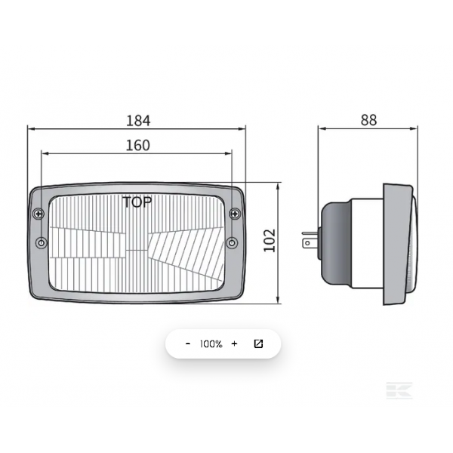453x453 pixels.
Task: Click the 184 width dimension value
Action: (138, 121)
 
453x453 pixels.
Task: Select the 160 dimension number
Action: (138, 145)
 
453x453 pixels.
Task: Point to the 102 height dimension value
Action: (270, 241)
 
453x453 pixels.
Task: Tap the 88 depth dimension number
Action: (369, 120)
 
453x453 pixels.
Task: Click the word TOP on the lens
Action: (137, 202)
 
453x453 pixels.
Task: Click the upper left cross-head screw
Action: (39, 214)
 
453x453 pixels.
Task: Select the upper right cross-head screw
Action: (235, 214)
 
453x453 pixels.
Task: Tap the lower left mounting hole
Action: (42, 242)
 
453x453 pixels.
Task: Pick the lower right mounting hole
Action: (232, 242)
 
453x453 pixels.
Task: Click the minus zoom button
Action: (188, 344)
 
